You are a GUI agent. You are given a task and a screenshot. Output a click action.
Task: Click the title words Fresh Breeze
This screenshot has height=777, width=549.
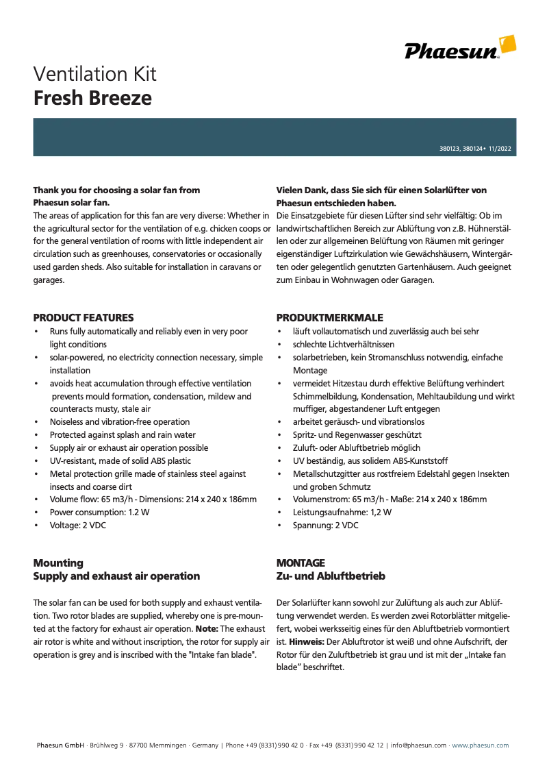(92, 98)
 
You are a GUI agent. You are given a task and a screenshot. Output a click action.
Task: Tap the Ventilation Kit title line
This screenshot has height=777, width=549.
(95, 74)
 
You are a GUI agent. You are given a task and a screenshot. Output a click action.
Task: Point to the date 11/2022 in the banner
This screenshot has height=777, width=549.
(499, 149)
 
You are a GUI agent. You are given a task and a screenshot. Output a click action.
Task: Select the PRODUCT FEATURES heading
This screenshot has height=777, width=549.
(84, 318)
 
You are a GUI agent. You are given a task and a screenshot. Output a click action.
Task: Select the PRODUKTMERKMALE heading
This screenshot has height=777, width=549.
(330, 318)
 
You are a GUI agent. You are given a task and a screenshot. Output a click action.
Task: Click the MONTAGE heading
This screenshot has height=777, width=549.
(301, 563)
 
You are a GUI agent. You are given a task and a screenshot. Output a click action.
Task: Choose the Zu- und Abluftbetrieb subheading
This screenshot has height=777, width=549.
(331, 576)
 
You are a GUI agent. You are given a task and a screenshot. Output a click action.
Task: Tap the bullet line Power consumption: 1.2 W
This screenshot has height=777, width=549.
(99, 513)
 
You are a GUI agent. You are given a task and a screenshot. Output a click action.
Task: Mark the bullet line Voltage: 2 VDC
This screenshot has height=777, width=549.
(77, 526)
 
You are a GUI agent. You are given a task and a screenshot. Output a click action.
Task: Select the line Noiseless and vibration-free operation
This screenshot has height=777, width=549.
(120, 422)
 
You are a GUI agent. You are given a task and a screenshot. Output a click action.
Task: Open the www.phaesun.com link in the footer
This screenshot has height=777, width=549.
(480, 745)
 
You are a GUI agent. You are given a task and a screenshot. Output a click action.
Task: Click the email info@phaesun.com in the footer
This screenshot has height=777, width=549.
(419, 745)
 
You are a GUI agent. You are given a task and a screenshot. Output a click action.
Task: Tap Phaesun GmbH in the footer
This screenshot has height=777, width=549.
(60, 745)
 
